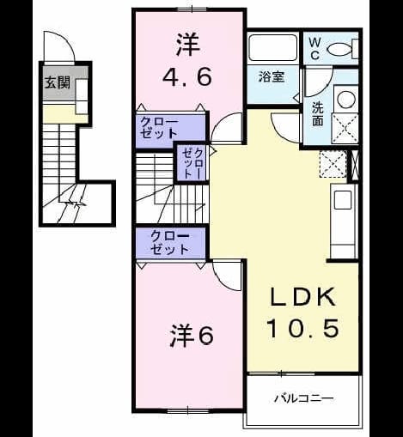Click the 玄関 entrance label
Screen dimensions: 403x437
tap(58, 83)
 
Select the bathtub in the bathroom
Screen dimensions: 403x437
tap(273, 47)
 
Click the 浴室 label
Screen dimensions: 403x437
tap(272, 77)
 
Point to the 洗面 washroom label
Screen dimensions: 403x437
tap(317, 114)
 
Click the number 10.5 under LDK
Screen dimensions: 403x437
tap(303, 328)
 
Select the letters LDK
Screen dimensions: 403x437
tap(303, 297)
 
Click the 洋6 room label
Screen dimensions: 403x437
tap(192, 336)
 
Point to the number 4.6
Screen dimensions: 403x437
tap(187, 76)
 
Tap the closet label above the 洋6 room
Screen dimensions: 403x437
tap(170, 242)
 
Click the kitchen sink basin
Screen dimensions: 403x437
tap(343, 200)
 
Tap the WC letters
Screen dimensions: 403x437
tap(314, 49)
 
